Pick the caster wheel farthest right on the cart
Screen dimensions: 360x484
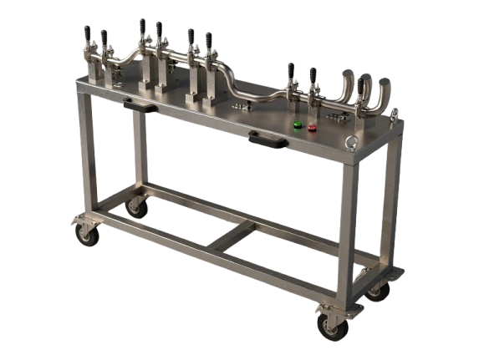(x=377, y=290)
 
